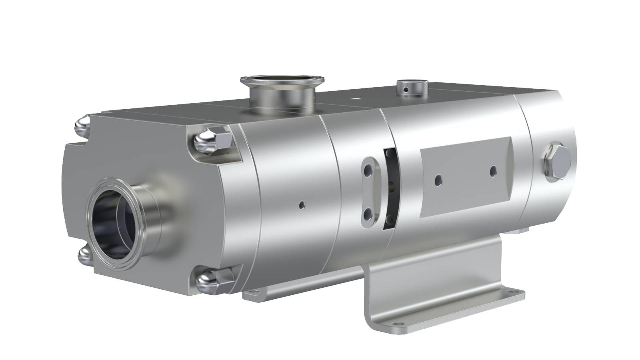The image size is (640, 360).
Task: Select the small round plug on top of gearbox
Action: pyautogui.click(x=412, y=86)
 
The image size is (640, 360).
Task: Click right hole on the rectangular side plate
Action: pyautogui.click(x=493, y=170)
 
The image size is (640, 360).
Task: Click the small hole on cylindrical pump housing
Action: pyautogui.click(x=302, y=205)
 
